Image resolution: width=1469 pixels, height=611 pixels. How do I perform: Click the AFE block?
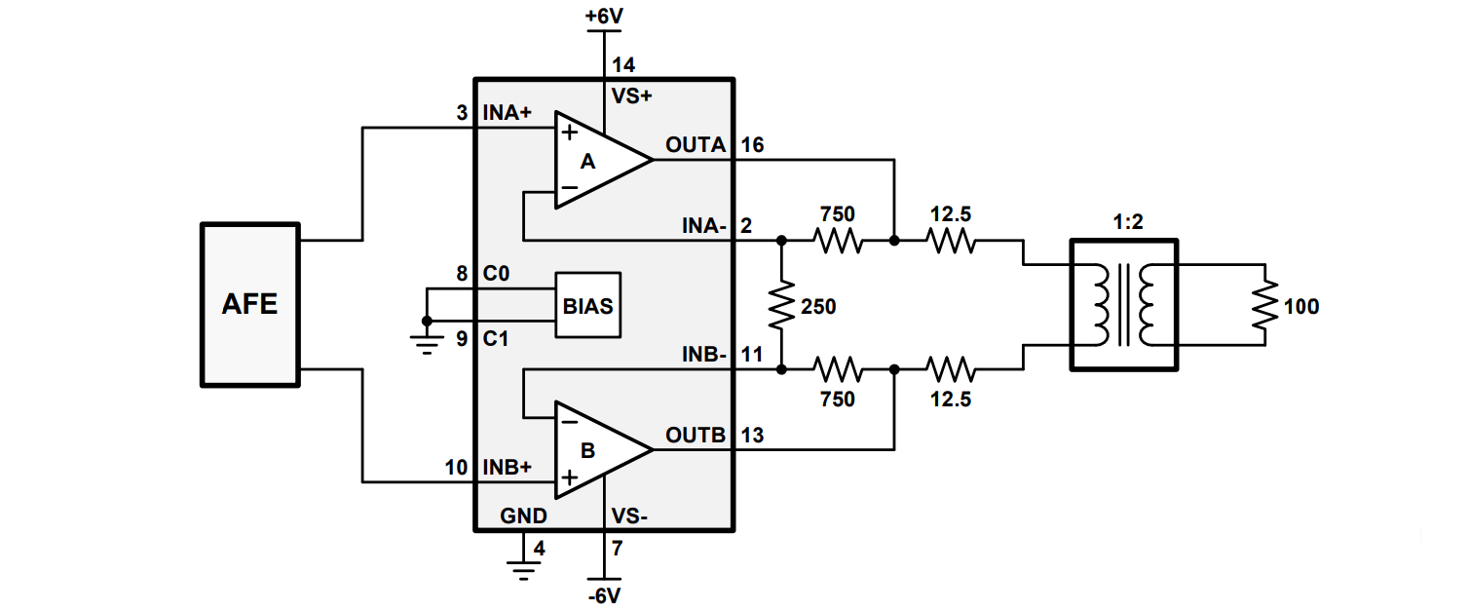click(250, 304)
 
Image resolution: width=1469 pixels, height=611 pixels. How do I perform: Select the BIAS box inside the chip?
click(587, 305)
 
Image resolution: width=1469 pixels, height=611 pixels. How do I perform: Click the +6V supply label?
click(604, 17)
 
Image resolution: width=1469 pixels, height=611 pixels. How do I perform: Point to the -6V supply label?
click(604, 594)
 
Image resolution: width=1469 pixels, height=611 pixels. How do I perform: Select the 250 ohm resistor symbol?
click(781, 305)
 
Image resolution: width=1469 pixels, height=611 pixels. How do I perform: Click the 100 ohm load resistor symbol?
click(1264, 305)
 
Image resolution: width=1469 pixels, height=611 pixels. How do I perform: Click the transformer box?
click(1124, 305)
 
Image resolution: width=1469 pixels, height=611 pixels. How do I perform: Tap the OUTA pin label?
click(695, 145)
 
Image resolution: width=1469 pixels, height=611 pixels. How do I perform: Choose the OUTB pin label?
click(695, 435)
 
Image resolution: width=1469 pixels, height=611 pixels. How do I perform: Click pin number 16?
click(752, 145)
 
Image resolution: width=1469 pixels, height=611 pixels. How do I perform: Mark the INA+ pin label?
click(508, 112)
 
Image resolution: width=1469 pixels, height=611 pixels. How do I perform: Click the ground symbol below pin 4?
click(524, 566)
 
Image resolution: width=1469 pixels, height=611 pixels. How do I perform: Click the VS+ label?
click(631, 95)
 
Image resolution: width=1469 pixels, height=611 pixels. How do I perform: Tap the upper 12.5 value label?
click(949, 213)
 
